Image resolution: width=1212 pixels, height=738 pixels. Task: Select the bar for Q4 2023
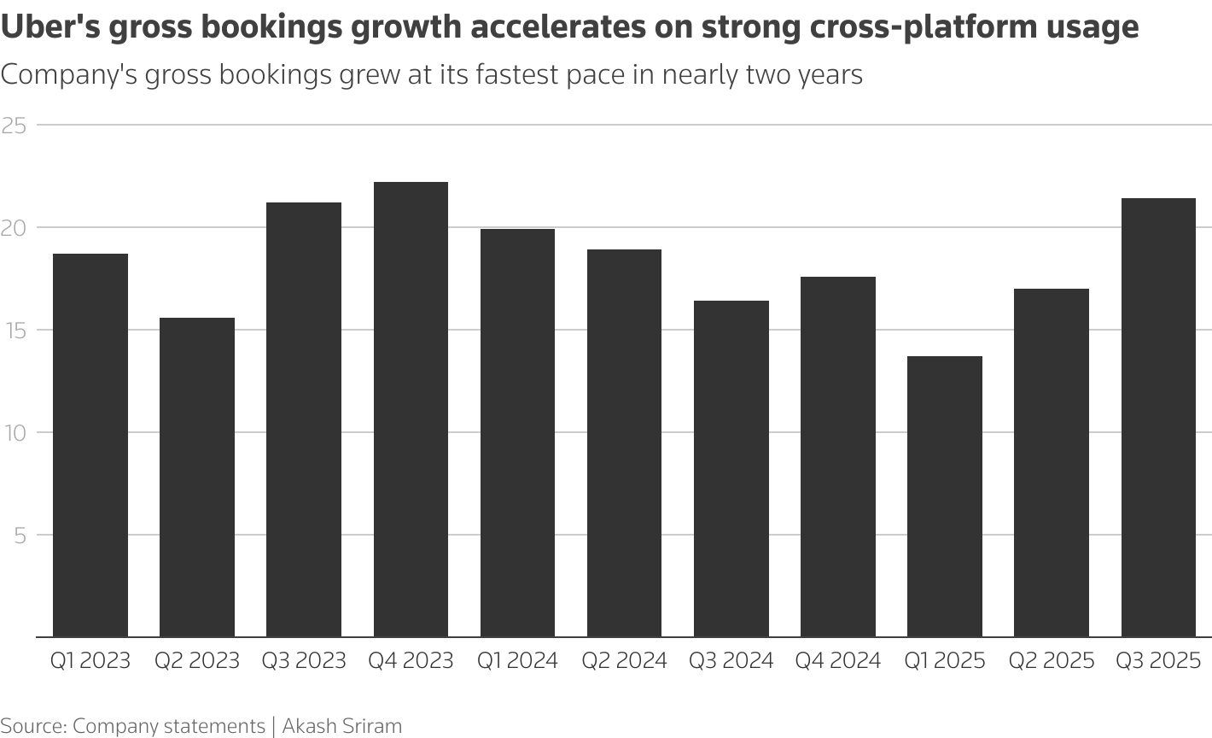[411, 409]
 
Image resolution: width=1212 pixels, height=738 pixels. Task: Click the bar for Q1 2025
[945, 496]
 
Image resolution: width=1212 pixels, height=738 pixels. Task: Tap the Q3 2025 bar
[1158, 418]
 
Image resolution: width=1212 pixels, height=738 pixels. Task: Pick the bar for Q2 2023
[197, 477]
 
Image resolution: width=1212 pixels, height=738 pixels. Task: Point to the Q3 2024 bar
[731, 469]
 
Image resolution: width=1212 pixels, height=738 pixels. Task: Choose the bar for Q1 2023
[90, 445]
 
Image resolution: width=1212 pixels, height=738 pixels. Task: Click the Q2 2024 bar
[624, 443]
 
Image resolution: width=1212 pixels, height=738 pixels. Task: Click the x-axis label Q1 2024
[517, 660]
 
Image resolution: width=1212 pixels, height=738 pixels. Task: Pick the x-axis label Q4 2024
[837, 660]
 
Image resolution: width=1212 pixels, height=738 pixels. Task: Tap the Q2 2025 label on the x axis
[1051, 660]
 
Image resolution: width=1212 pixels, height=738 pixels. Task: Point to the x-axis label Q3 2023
[304, 660]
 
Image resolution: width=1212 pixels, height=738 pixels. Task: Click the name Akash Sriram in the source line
[341, 726]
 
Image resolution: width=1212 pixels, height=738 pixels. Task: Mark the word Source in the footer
[32, 726]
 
